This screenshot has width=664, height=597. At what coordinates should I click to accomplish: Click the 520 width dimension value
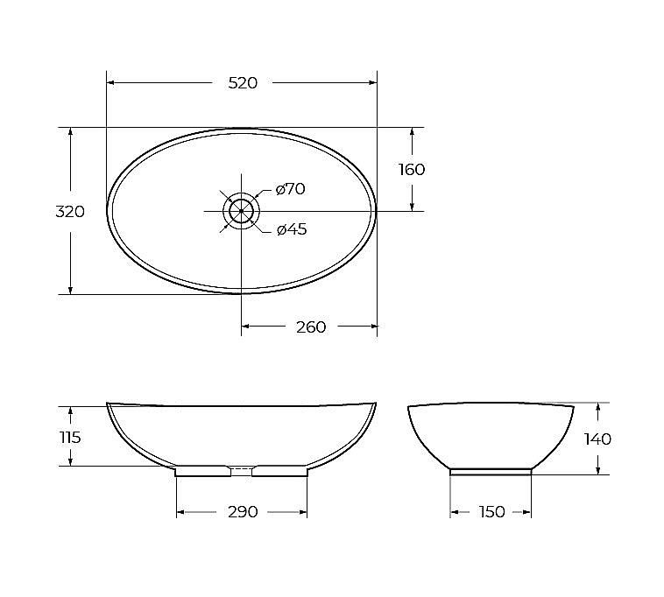(x=243, y=83)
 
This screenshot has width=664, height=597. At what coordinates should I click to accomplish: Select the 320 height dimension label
(x=70, y=212)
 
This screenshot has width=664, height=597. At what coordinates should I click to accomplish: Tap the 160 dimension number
(x=412, y=170)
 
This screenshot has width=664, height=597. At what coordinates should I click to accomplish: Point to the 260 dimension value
(x=311, y=327)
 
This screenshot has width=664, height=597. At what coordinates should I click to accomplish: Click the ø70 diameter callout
(x=290, y=189)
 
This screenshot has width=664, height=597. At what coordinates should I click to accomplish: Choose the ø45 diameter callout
(x=291, y=230)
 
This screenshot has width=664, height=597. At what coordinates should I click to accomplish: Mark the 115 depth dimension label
(x=70, y=437)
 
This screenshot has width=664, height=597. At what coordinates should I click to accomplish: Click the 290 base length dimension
(x=242, y=512)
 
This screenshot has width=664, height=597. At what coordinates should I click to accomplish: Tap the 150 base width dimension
(x=492, y=512)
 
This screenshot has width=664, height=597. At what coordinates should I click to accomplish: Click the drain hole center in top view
(x=241, y=211)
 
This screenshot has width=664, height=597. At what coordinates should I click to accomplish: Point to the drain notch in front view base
(x=242, y=468)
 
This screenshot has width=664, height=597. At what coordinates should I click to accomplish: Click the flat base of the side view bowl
(x=491, y=471)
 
